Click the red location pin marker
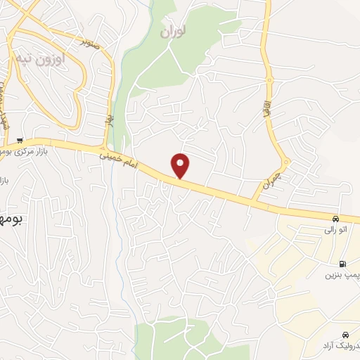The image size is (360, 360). [181, 165]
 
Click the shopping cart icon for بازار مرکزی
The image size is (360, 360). [20, 140]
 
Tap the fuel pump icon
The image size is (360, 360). [342, 264]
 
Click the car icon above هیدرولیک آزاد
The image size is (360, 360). [345, 334]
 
